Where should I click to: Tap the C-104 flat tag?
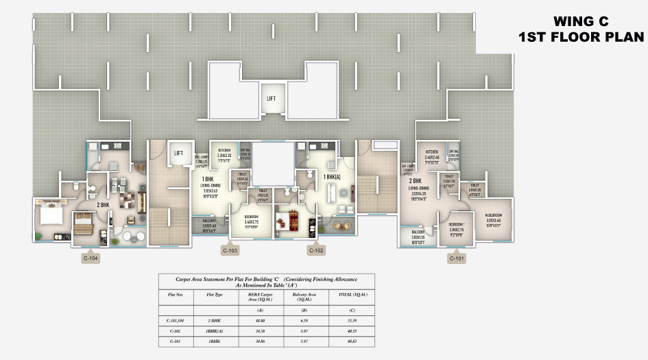click(x=91, y=259)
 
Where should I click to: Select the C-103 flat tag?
click(x=230, y=250)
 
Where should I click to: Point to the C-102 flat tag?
click(x=316, y=250)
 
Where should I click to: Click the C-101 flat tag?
click(x=457, y=259)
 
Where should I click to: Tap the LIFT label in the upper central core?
click(x=272, y=99)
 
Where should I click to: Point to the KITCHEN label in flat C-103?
click(x=224, y=149)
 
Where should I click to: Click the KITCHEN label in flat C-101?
click(x=431, y=150)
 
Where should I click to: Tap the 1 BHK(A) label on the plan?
click(x=333, y=177)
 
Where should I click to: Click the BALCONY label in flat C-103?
click(x=209, y=220)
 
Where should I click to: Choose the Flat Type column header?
click(x=214, y=294)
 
